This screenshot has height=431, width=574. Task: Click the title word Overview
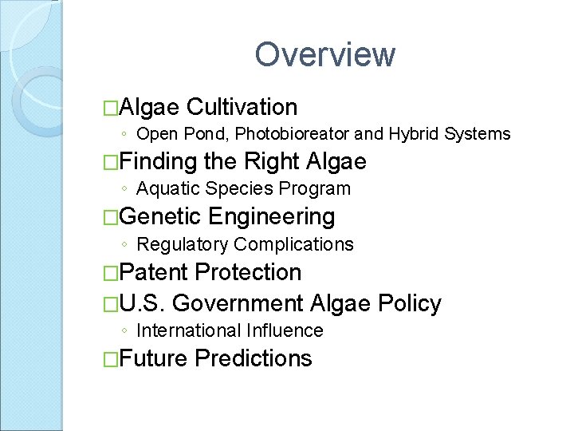click(x=324, y=55)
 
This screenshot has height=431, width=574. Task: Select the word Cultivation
click(x=242, y=107)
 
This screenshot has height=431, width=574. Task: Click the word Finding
click(x=160, y=162)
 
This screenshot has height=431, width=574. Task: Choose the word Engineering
click(x=271, y=216)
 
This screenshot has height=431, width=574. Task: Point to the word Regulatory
click(x=183, y=244)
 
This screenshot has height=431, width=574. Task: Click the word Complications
click(x=293, y=244)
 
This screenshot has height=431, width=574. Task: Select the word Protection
click(x=248, y=272)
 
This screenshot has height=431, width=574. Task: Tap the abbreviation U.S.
click(x=144, y=303)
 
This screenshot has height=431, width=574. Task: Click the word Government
click(x=238, y=303)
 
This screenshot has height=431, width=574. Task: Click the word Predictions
click(x=253, y=358)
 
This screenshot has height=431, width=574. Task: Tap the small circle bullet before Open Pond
click(x=124, y=134)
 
